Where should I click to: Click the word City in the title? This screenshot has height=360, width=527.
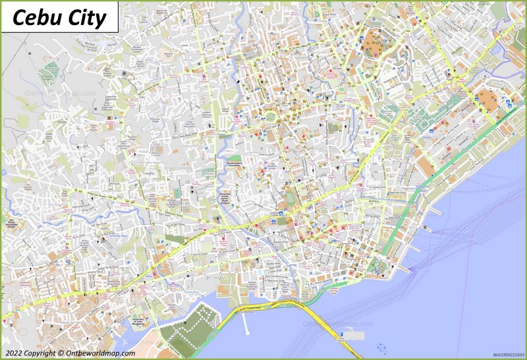(86, 18)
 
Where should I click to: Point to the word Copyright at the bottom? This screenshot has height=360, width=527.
(44, 353)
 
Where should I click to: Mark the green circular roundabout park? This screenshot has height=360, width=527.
(270, 117)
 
